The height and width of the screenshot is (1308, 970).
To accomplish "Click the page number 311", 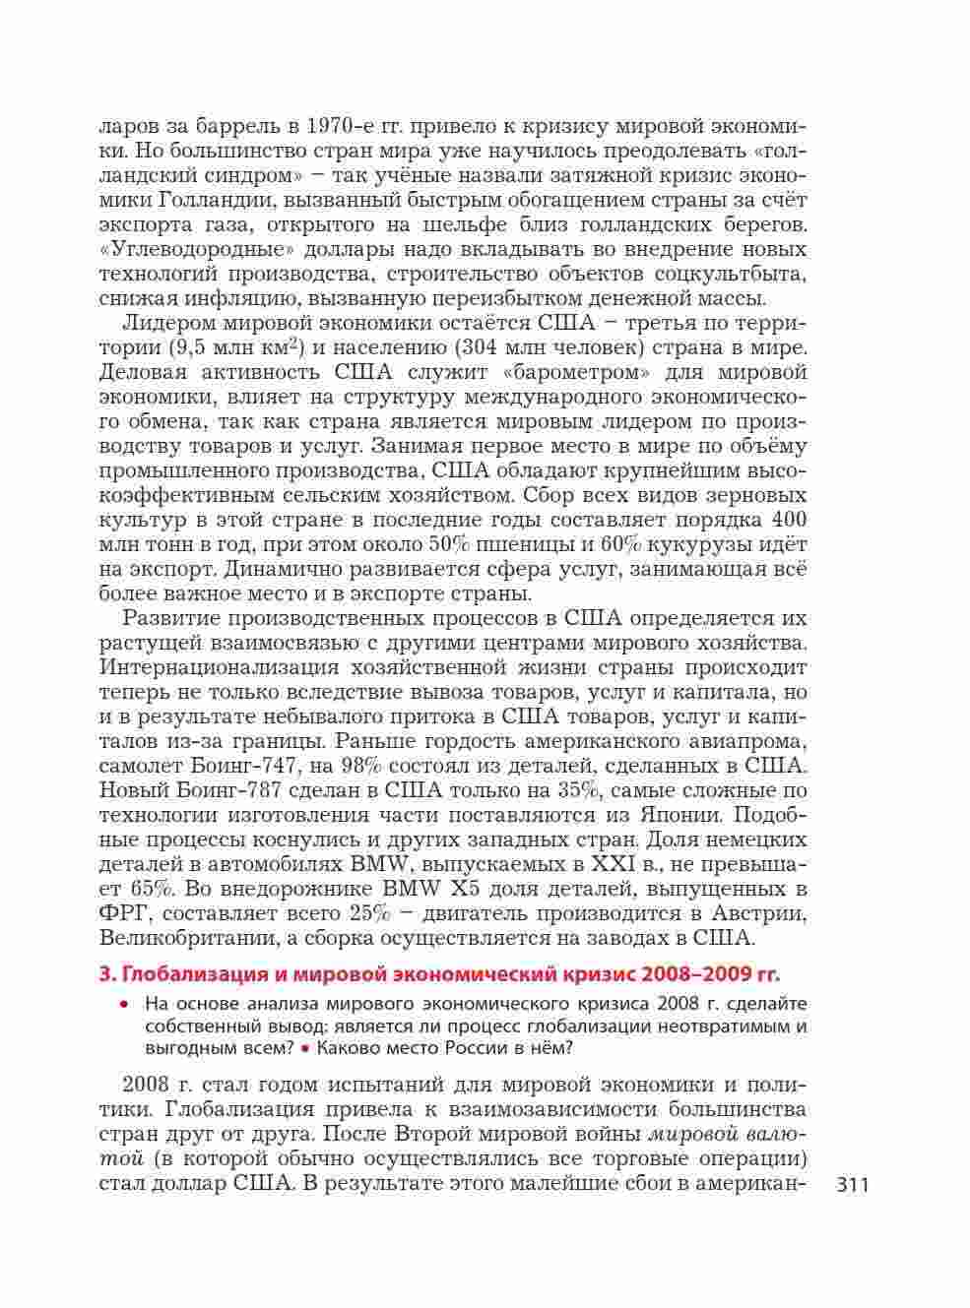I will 852,1184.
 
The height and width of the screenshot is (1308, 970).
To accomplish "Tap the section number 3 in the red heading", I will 105,975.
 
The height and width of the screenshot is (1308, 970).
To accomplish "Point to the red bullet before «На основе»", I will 124,1005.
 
